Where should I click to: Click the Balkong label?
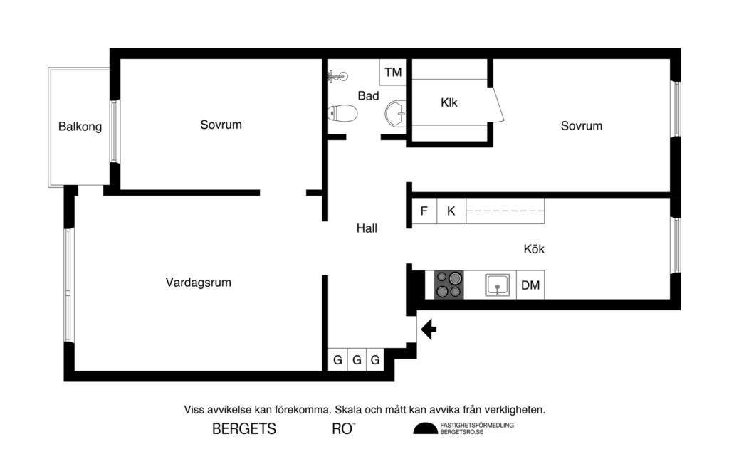click(80, 127)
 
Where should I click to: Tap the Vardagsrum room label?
click(198, 283)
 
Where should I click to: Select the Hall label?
click(367, 228)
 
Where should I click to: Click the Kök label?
click(534, 249)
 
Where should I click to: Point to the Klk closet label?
click(449, 102)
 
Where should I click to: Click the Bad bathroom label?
click(368, 95)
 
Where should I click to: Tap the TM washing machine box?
click(393, 73)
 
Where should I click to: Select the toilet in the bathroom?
click(343, 113)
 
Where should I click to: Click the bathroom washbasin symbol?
click(396, 112)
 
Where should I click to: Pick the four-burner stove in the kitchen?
click(449, 285)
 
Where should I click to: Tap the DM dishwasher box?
click(530, 285)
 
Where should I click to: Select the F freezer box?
click(424, 211)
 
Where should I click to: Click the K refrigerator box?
click(451, 211)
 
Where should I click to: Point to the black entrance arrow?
click(429, 329)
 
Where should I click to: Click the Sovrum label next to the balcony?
click(221, 125)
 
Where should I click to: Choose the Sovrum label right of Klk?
click(581, 126)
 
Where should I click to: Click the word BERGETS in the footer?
click(244, 429)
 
